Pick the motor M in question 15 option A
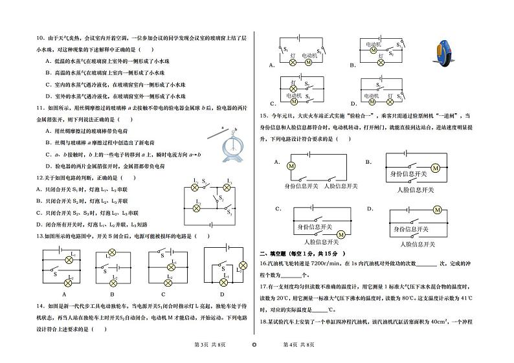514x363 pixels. tap(291, 166)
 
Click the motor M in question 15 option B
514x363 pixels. tap(435, 168)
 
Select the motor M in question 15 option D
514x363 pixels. tap(438, 210)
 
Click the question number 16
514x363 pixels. tap(263, 264)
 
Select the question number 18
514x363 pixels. tap(263, 321)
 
